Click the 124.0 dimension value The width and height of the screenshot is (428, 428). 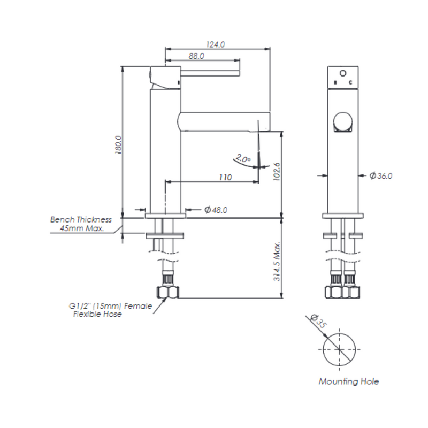click(216, 44)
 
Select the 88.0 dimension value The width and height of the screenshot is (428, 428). click(196, 56)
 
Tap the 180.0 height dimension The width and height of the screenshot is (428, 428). click(118, 145)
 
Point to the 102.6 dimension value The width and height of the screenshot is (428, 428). click(277, 171)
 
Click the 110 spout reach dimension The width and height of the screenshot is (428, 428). click(225, 178)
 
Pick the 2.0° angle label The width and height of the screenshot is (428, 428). click(242, 158)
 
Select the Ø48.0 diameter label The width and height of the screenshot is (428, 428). click(216, 210)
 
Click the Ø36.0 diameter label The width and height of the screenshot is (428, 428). click(381, 176)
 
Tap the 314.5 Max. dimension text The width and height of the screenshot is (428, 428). click(277, 261)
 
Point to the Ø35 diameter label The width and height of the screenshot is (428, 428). click(318, 322)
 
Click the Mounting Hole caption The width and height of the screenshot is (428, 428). click(349, 381)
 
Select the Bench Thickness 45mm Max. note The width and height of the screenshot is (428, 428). click(81, 224)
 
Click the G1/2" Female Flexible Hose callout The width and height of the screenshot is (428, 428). click(111, 310)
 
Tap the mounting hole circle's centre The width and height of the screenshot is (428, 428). click(339, 349)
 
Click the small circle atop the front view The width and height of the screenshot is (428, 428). click(343, 73)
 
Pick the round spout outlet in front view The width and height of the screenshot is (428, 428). click(343, 122)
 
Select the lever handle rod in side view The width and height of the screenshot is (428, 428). click(210, 73)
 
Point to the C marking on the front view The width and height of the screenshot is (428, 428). click(351, 82)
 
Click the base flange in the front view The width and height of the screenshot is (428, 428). click(343, 216)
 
